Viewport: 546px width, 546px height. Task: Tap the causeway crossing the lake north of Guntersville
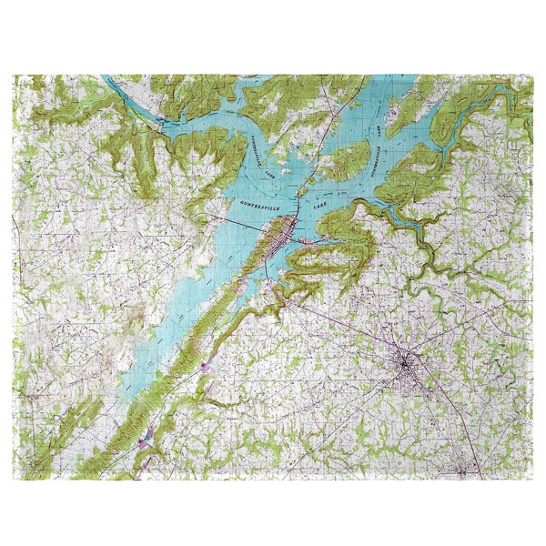click(x=318, y=164)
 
